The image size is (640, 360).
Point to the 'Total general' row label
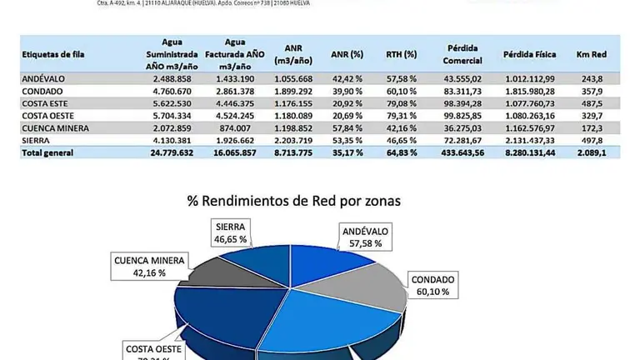coord(48,153)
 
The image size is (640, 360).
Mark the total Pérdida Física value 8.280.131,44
coord(529,153)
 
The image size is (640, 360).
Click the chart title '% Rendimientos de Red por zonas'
coord(293,202)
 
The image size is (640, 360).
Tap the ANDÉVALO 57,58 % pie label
coord(367,237)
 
